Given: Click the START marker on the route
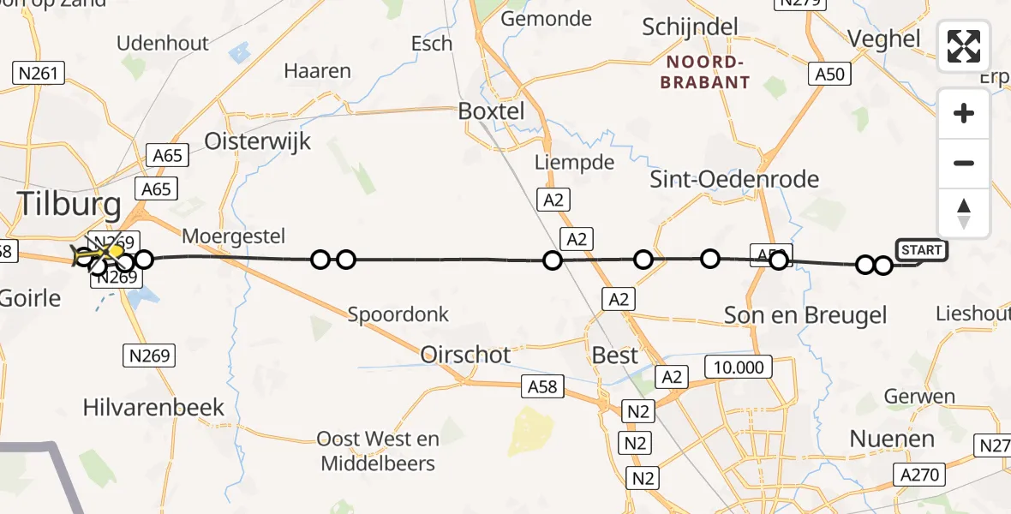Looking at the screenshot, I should click(921, 250).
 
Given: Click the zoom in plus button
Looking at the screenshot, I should click(964, 113).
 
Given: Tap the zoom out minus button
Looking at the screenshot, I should click(964, 163).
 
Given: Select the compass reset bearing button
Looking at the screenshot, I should click(964, 212).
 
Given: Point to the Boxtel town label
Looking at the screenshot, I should click(491, 111).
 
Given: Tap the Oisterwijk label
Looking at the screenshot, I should click(257, 140).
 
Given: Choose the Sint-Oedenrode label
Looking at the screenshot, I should click(734, 180).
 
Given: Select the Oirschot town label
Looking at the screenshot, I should click(466, 355).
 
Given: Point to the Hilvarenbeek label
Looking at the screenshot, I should click(153, 408).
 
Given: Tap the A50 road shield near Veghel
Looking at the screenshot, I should click(829, 74).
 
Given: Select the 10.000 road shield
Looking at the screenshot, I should click(738, 368).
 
